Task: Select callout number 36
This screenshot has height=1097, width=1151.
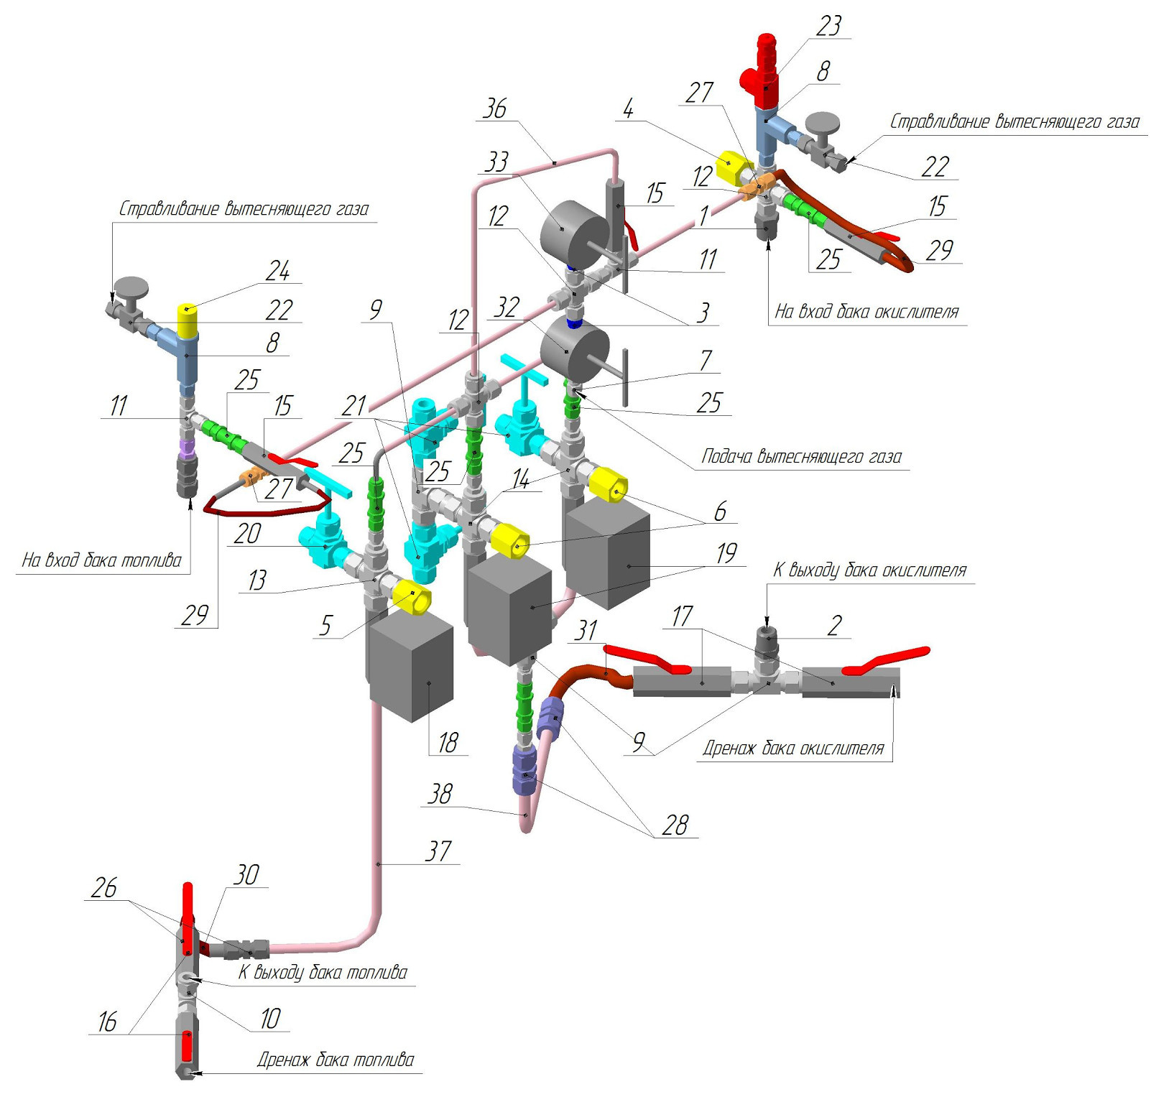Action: tap(495, 108)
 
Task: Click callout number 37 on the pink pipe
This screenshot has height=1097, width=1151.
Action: tap(438, 851)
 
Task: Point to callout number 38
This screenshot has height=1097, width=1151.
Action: tap(440, 794)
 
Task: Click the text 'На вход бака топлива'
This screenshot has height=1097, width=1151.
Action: tap(102, 560)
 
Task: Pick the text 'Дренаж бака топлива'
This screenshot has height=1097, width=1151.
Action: tap(336, 1060)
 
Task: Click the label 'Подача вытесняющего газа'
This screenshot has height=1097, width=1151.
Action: tap(801, 457)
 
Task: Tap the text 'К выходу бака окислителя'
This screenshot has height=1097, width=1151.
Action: tap(869, 570)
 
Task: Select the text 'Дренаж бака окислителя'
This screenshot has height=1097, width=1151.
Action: tap(793, 749)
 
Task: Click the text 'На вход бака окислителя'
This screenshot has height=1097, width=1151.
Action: tap(866, 312)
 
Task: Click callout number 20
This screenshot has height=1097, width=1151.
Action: tap(247, 534)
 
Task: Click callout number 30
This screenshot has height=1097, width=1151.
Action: tap(246, 874)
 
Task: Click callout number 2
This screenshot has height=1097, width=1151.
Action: tap(834, 625)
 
